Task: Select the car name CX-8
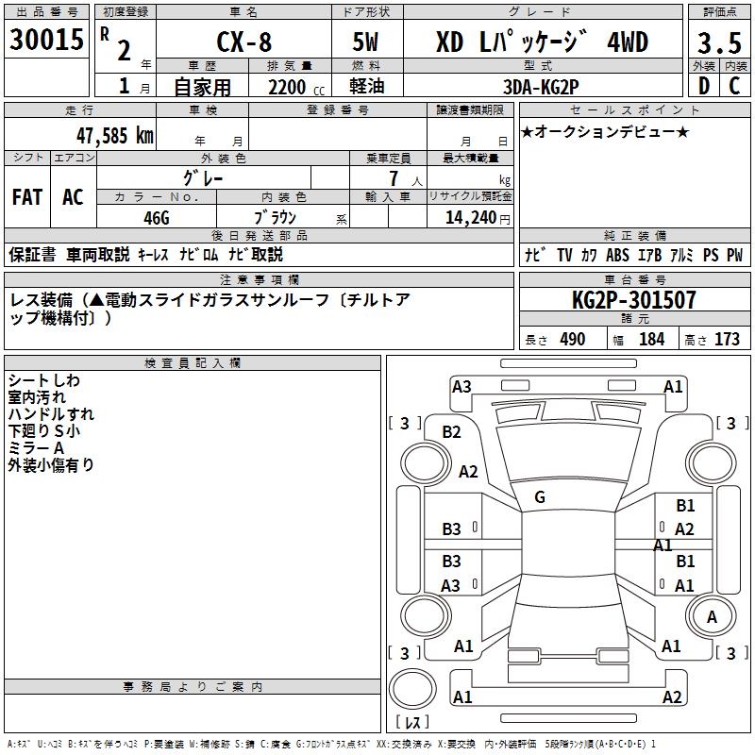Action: click(x=243, y=42)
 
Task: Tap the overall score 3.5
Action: click(x=717, y=42)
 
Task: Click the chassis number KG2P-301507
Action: click(x=634, y=300)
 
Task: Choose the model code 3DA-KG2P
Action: click(x=542, y=86)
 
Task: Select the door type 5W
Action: click(x=368, y=42)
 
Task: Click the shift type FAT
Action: click(x=26, y=197)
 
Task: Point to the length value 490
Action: click(x=572, y=339)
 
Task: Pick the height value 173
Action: click(x=727, y=339)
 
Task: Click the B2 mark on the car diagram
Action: click(x=452, y=432)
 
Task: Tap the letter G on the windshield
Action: click(x=540, y=497)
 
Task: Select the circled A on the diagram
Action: click(x=713, y=616)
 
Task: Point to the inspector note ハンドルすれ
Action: click(x=51, y=414)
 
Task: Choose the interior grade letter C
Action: click(x=734, y=86)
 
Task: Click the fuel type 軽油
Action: click(x=368, y=87)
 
